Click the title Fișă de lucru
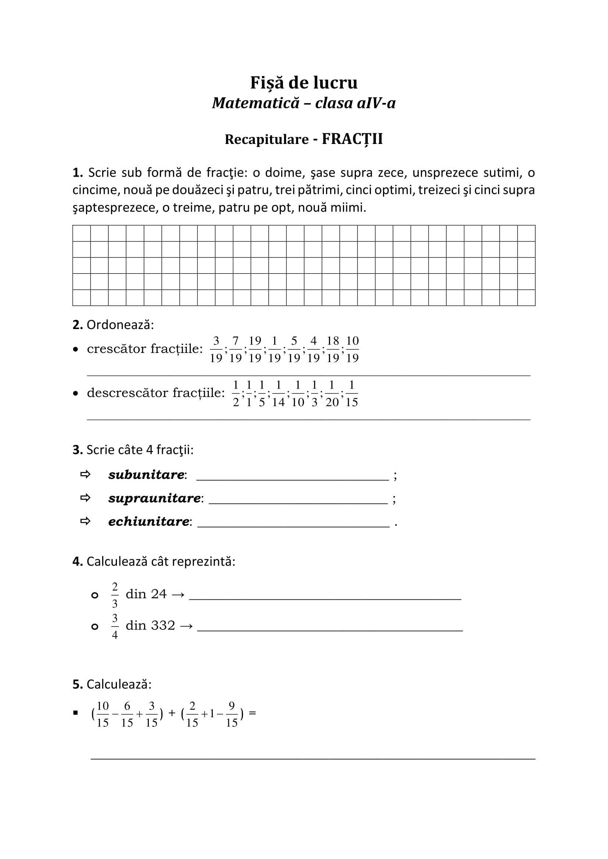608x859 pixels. coord(304,83)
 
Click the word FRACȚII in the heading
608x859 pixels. coord(352,139)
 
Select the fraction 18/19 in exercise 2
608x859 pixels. coord(332,349)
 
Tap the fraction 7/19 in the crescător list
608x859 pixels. coord(235,349)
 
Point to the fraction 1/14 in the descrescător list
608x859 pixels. coord(278,393)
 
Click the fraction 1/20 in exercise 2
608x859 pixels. coord(332,393)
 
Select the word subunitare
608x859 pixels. coord(146,474)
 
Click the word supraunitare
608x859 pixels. coord(154,498)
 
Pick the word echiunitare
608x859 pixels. coord(149,521)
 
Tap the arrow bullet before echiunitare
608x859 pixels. coord(85,521)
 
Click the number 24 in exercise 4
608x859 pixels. coord(159,594)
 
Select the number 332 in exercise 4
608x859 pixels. coord(163,625)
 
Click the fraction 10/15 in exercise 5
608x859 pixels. coord(102,714)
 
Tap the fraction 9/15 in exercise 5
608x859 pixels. coord(231,714)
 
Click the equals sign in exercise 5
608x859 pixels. coord(252,713)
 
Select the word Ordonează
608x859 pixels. coord(120,325)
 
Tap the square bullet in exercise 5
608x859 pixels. coord(76,713)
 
